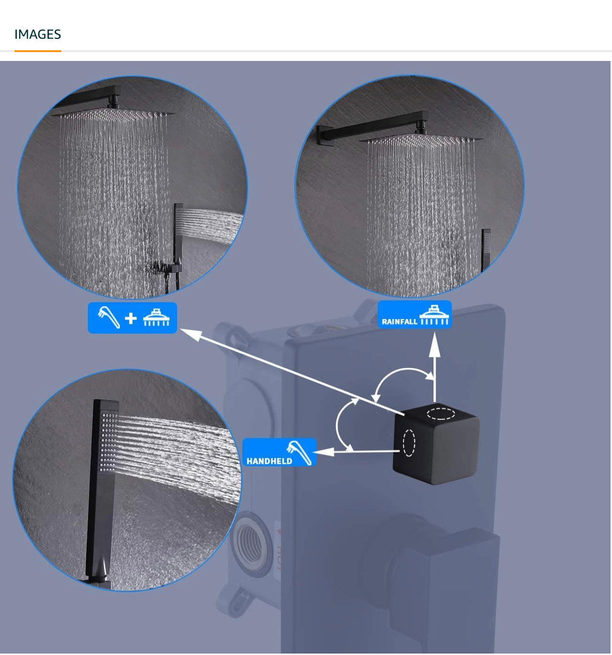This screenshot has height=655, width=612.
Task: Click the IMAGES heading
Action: coord(37,34)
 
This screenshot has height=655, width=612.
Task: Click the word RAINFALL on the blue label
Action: coord(399,321)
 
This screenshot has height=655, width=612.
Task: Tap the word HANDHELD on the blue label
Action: coord(269,461)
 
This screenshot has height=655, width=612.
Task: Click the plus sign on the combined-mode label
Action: coord(131,318)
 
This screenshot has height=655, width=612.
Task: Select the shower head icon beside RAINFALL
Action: coord(434,315)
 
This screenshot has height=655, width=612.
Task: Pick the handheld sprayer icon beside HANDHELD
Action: coord(299,452)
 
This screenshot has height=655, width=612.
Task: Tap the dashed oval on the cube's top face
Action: coord(441,413)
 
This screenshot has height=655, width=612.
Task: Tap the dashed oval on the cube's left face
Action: coord(409,443)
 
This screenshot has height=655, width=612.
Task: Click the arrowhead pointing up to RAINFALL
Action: coord(434,345)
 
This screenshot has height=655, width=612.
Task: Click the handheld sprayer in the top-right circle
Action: coord(486,250)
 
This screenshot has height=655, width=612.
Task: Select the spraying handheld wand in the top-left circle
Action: coord(178,246)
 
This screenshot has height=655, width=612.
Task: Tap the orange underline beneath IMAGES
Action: coord(37,51)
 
